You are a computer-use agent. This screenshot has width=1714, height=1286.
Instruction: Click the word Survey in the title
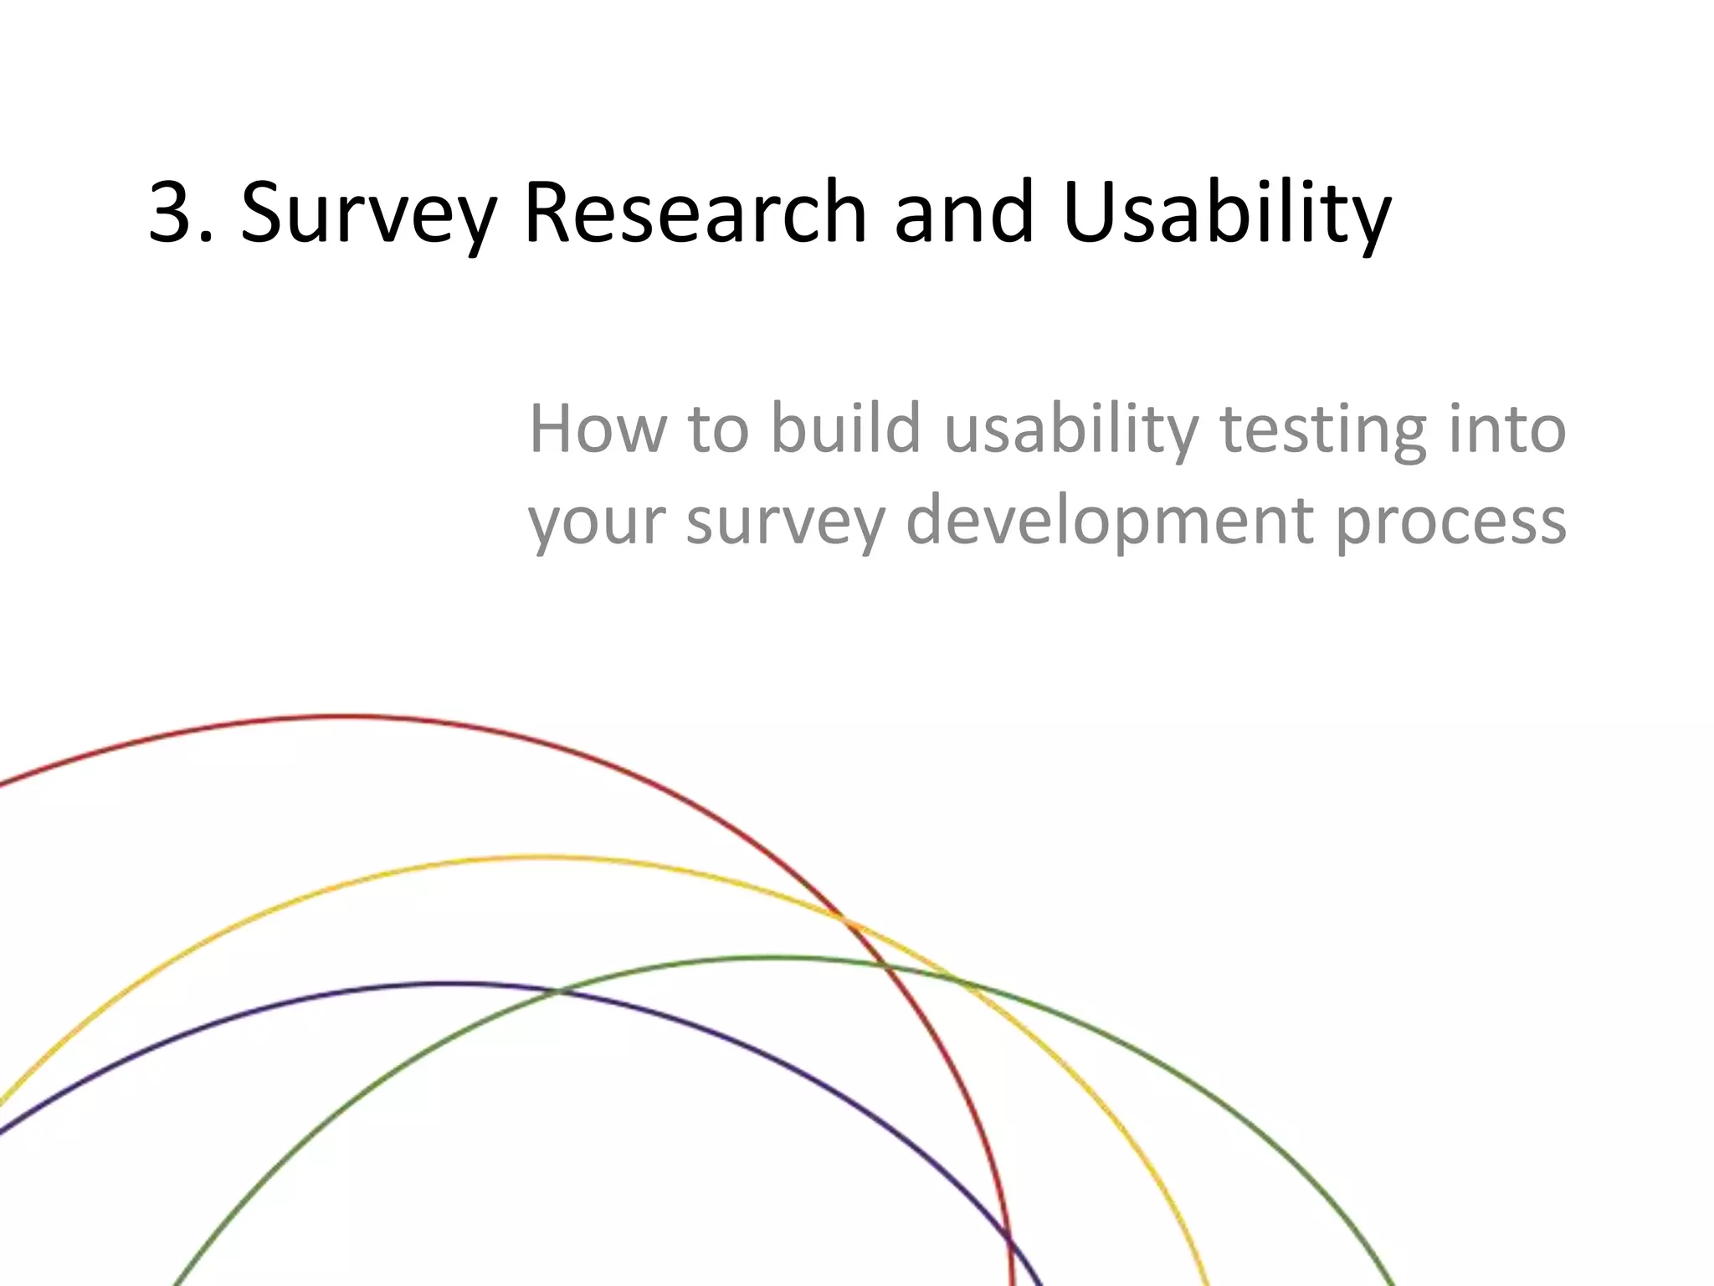pyautogui.click(x=368, y=213)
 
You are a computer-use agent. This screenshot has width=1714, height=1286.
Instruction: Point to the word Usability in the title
pyautogui.click(x=1226, y=213)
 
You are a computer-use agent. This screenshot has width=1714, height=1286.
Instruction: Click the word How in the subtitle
pyautogui.click(x=595, y=429)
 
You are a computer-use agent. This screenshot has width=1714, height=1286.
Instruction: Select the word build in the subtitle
pyautogui.click(x=845, y=429)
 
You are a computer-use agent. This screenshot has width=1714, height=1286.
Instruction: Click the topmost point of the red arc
pyautogui.click(x=339, y=717)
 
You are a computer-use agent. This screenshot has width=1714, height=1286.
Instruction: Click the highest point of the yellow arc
pyautogui.click(x=540, y=856)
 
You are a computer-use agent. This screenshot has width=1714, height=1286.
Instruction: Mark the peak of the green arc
pyautogui.click(x=770, y=957)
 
